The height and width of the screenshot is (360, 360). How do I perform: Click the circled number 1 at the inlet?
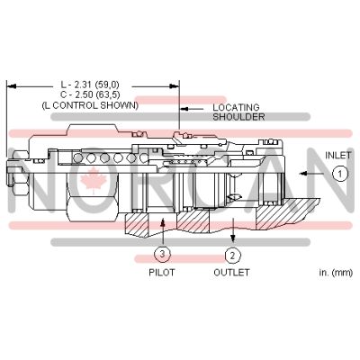coord(338,175)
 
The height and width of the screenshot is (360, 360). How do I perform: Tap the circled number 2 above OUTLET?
coord(230,255)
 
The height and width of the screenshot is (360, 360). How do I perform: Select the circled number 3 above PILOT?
coord(160,255)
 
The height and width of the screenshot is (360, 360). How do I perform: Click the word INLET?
coord(338,154)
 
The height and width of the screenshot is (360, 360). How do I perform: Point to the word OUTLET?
coord(231,272)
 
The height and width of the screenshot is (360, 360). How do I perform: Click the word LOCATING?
coord(236,107)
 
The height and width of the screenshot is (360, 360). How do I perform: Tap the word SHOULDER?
coord(238,117)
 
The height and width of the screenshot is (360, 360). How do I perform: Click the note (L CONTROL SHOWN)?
coord(90,105)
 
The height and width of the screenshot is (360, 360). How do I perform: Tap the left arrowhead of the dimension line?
coord(11,86)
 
